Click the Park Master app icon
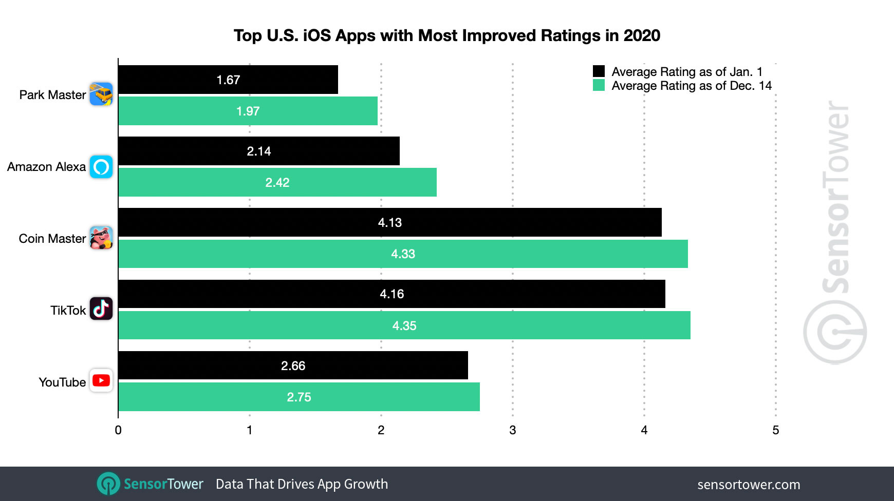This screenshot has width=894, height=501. pos(101,94)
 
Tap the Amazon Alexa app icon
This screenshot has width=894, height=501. pos(101,167)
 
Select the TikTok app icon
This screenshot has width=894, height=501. pos(101,309)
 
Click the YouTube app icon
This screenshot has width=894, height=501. pos(101,380)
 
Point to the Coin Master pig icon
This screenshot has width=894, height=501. pos(101,238)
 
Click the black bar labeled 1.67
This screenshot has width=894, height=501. pos(228,80)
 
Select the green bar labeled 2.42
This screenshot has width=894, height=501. pos(277,182)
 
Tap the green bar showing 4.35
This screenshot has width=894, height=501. pos(404,325)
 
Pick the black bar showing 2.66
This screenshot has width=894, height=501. pos(293,365)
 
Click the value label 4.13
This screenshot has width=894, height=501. pos(389,223)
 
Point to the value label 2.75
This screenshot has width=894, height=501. pos(299,397)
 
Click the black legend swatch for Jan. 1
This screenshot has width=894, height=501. pos(599,71)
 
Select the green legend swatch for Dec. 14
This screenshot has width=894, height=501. pos(599,85)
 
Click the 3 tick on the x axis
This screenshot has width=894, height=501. pos(512,430)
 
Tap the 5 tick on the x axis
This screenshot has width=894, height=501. pos(775,430)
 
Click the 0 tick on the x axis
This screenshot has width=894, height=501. pos(118,430)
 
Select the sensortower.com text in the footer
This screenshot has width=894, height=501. pos(748,485)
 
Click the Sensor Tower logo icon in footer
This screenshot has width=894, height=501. pos(108,484)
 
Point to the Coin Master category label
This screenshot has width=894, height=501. pos(52,239)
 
